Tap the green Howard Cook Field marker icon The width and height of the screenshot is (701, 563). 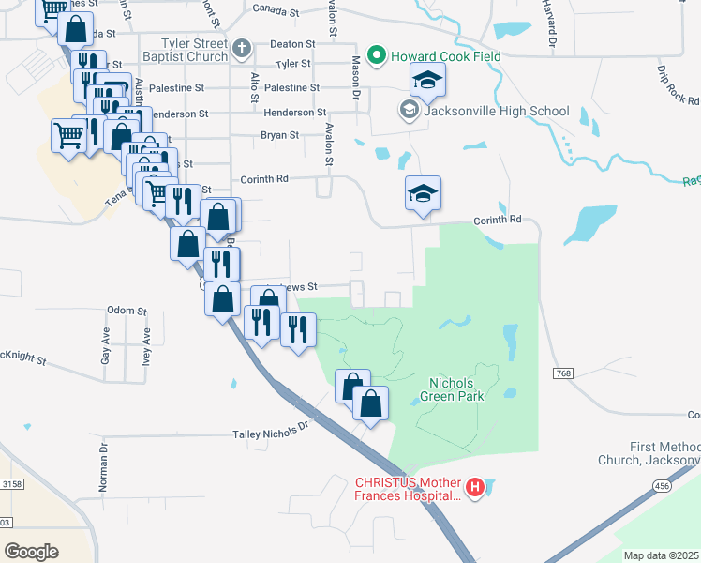[x=377, y=55]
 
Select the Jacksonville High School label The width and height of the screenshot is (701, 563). [x=496, y=111]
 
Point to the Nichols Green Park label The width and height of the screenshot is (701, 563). [x=456, y=389]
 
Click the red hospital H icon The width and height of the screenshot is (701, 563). [x=475, y=487]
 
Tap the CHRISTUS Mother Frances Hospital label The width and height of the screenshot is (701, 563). [x=407, y=489]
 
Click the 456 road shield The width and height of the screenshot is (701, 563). [x=662, y=484]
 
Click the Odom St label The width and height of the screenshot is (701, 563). [x=127, y=311]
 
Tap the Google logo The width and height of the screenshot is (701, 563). [x=31, y=552]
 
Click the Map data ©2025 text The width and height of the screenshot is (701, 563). [x=661, y=555]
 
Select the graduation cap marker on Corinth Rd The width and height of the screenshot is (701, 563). [x=423, y=194]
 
